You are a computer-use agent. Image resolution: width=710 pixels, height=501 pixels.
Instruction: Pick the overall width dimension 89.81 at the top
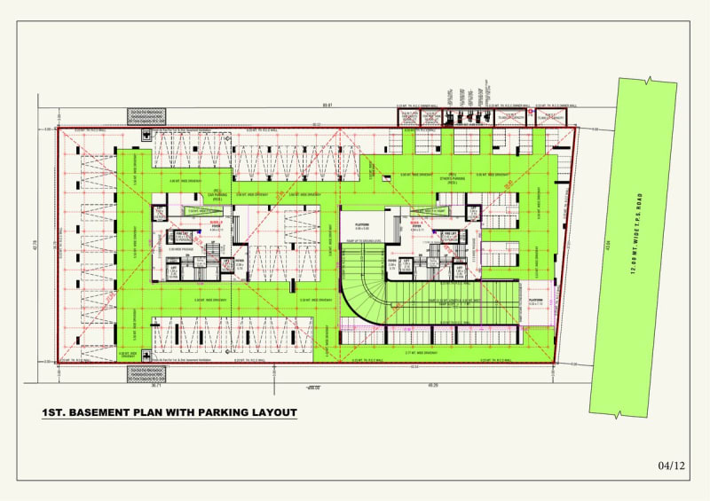click(327, 106)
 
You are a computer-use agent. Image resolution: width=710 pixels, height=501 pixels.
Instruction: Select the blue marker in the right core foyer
click(436, 232)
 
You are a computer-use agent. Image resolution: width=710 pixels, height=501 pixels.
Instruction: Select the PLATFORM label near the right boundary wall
click(536, 301)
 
